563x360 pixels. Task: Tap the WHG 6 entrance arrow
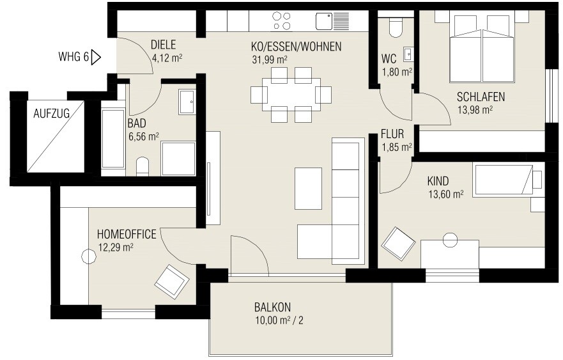coord(96,58)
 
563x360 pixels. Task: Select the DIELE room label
coord(163,45)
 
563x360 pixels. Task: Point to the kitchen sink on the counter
coord(332,20)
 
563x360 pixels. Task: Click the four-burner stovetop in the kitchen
coord(281,21)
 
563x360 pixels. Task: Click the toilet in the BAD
coord(143,167)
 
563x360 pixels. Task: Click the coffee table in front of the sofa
coord(308,188)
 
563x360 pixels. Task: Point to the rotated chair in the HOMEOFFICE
coord(172,279)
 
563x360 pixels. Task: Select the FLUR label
coord(392,134)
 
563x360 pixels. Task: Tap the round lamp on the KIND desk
coord(450,240)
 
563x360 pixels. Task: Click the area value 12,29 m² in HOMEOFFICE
coord(115,247)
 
